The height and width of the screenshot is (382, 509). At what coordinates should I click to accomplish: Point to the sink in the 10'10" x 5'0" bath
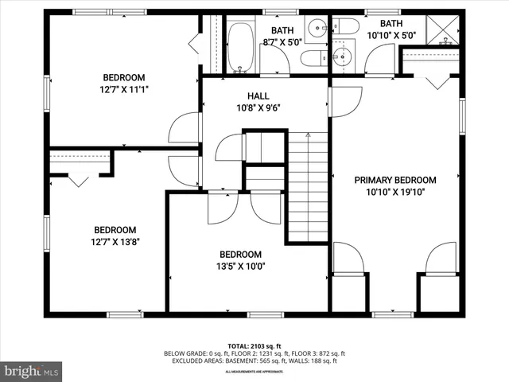[342, 56]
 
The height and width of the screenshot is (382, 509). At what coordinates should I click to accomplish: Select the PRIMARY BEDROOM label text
[394, 180]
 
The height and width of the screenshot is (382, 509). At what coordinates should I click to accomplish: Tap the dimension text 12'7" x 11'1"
[123, 89]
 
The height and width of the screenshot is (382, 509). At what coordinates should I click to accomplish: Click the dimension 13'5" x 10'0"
[240, 267]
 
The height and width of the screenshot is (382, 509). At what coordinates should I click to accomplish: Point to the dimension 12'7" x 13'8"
[115, 242]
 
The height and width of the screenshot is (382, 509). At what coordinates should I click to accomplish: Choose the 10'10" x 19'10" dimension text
[394, 192]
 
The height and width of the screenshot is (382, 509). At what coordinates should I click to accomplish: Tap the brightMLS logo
[32, 371]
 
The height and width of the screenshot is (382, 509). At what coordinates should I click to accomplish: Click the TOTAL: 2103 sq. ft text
[254, 345]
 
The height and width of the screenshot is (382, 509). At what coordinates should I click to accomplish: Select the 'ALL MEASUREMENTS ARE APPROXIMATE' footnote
[254, 372]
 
